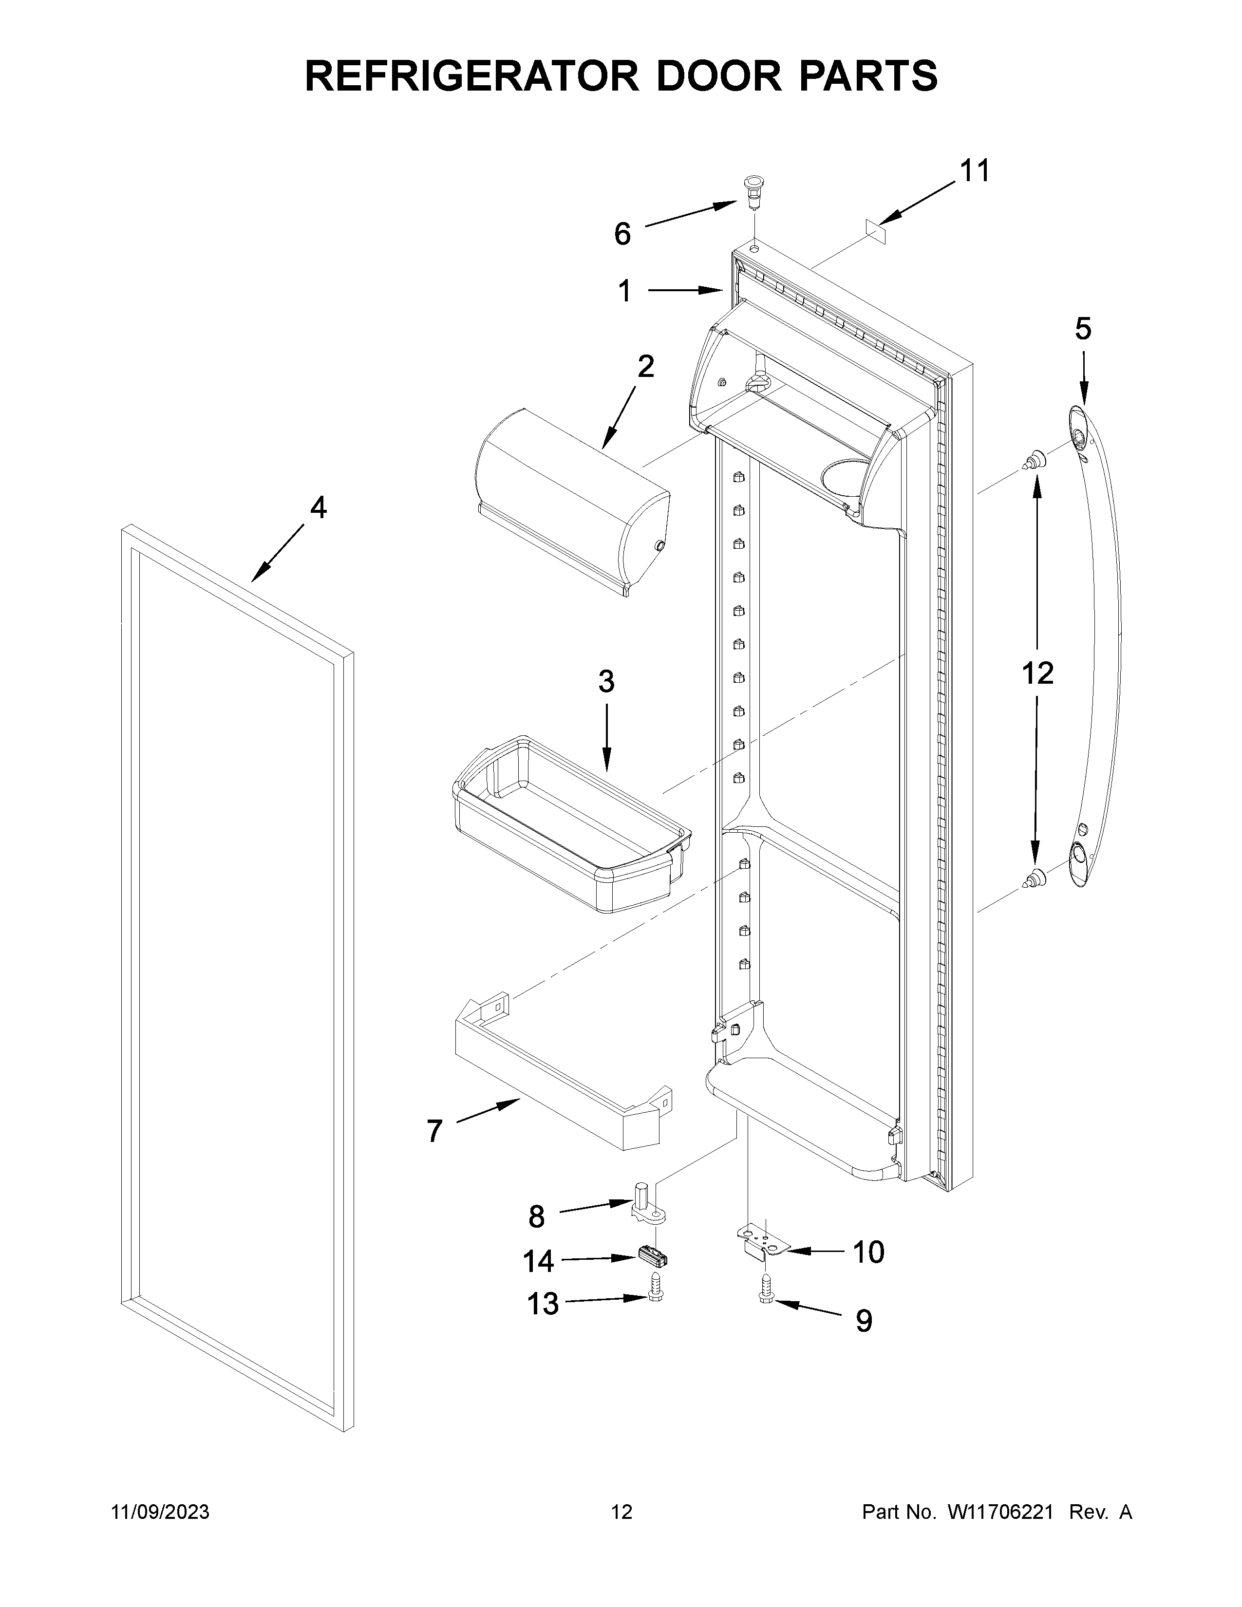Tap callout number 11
(x=974, y=171)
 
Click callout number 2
(x=645, y=366)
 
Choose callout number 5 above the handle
(x=1083, y=329)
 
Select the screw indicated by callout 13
(x=656, y=1302)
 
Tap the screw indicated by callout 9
(x=765, y=1297)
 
